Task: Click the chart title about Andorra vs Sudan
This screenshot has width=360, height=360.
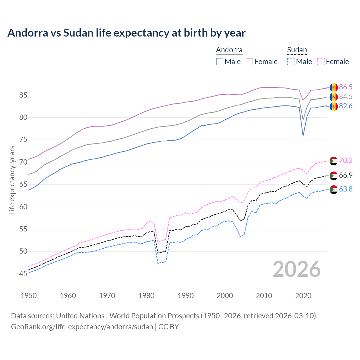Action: (127, 33)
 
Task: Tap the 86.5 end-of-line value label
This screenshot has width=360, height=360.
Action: (346, 87)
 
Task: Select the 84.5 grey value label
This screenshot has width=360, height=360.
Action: (346, 97)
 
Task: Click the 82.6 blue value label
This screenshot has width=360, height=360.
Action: (346, 106)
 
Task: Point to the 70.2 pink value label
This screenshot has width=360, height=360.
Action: (346, 160)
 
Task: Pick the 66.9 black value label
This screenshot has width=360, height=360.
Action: (346, 175)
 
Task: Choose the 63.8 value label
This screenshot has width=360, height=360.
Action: (346, 189)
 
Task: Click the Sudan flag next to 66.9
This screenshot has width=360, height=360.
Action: (334, 175)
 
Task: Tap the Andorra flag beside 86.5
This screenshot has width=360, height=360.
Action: (334, 87)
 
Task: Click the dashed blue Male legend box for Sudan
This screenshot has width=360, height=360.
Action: (291, 62)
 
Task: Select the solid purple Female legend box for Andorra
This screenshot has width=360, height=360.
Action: (249, 62)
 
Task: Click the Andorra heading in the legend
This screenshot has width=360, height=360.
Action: (229, 50)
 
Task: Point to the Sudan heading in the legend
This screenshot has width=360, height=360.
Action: (297, 50)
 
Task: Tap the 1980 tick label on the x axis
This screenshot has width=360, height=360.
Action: (147, 296)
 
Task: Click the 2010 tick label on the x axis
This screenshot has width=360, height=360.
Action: (264, 296)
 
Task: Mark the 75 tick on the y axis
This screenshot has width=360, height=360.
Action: (23, 140)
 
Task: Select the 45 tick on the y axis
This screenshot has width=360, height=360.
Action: (23, 274)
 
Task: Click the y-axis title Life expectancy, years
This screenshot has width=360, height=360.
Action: (12, 180)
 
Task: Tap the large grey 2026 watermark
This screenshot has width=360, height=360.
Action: (297, 269)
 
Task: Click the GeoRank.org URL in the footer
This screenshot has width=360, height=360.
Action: (82, 327)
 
